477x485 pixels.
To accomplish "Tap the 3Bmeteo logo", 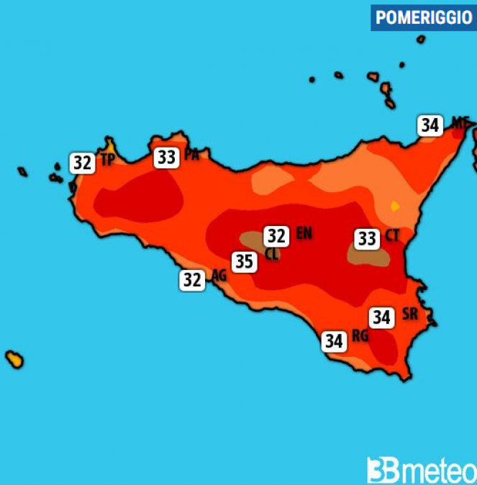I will click(420, 471).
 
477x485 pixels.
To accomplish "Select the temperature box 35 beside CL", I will click(244, 261).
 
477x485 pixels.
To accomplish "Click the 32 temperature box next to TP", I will click(82, 163).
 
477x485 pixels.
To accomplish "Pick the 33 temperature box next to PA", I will click(166, 157).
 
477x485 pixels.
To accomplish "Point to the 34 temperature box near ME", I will click(430, 125).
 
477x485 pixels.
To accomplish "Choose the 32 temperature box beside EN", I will click(276, 235).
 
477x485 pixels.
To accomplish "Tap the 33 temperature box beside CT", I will click(367, 237).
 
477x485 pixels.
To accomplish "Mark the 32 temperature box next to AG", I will click(191, 280).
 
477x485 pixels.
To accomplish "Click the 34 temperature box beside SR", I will click(381, 317).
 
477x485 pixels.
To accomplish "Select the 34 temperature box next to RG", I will click(333, 340).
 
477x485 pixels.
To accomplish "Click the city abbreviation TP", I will click(107, 160).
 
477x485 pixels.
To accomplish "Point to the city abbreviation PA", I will click(191, 154).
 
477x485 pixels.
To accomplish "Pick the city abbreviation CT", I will click(392, 235).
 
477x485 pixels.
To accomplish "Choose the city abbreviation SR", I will click(409, 314).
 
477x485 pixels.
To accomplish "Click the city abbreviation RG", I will click(360, 336).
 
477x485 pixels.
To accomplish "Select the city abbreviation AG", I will click(219, 275).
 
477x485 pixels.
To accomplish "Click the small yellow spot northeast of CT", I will click(394, 207).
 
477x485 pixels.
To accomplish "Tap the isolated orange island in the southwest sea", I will click(14, 358).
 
